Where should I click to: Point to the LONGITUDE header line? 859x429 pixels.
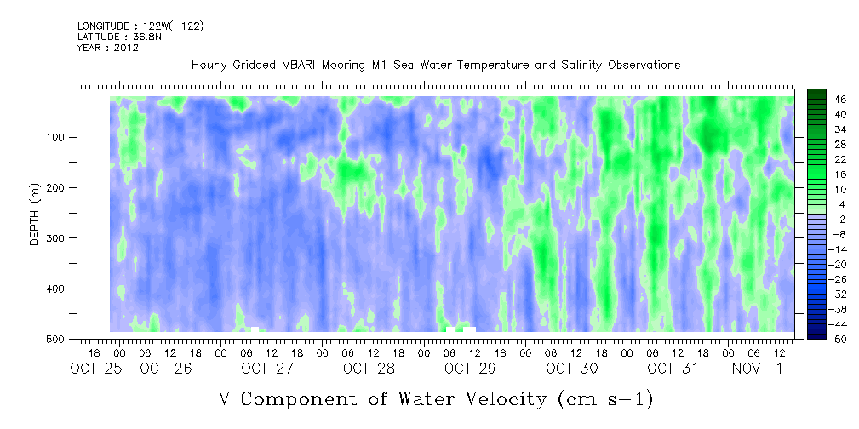[x=140, y=26]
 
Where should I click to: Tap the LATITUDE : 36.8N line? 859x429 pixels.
[x=119, y=37]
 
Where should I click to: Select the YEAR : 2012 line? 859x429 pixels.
[x=108, y=48]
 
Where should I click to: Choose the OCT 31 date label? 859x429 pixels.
[x=673, y=369]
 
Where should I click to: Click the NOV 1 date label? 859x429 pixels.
[x=758, y=369]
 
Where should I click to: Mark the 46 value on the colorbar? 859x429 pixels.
[x=841, y=100]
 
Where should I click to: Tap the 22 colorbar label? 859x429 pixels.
[x=841, y=163]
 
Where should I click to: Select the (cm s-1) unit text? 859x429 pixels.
[x=604, y=399]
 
